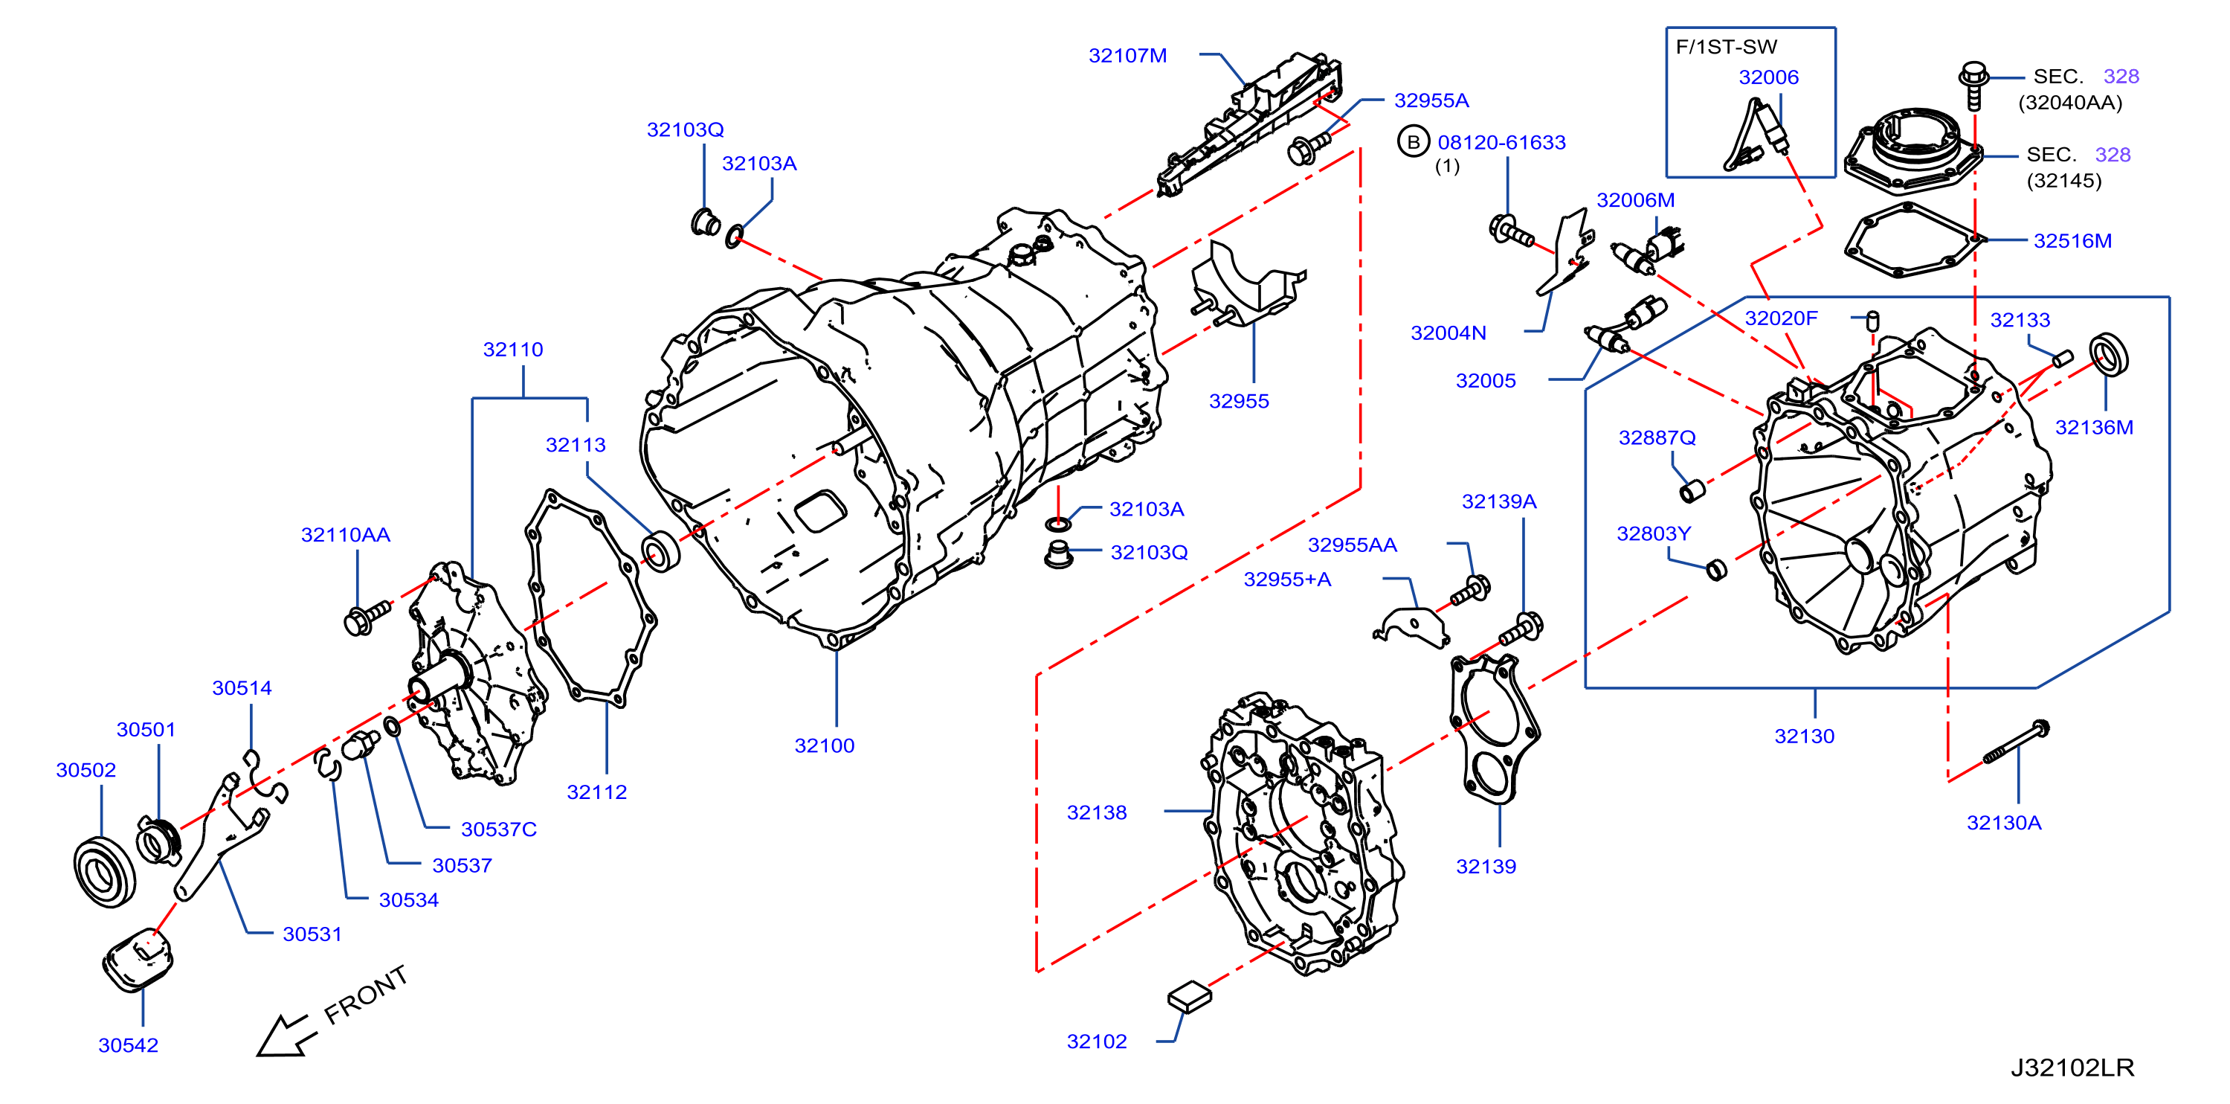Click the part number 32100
tap(824, 745)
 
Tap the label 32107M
tap(1127, 55)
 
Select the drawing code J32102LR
tap(2072, 1067)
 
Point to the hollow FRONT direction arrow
tap(283, 1035)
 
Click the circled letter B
tap(1413, 142)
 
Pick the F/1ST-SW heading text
tap(1726, 47)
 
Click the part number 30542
tap(128, 1045)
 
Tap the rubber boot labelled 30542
tap(138, 958)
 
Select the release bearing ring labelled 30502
tap(105, 872)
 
